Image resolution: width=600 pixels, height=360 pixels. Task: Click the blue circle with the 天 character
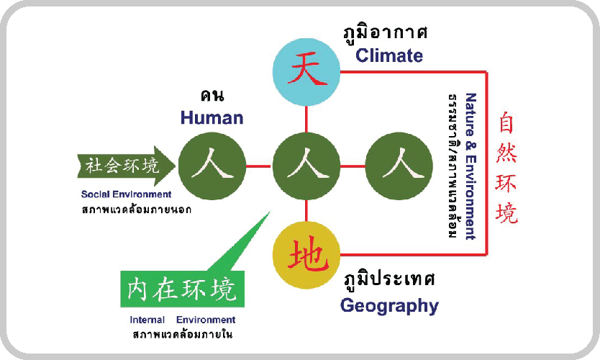306,72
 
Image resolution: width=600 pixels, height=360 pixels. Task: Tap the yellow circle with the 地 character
306,255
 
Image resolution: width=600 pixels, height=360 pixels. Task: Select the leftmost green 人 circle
212,166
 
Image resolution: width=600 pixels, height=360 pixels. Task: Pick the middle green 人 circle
306,166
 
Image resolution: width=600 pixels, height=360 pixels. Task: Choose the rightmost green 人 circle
399,166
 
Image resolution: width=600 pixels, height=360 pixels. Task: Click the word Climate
389,55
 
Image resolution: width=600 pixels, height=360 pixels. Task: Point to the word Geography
389,306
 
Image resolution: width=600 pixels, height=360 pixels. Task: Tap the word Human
212,117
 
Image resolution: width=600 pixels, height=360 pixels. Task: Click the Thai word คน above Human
212,95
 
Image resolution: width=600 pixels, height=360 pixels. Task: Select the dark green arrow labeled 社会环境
127,166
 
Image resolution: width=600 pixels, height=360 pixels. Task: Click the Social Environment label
127,194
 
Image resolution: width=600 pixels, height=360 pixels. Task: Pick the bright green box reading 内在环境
182,289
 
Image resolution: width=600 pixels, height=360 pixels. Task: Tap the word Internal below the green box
147,320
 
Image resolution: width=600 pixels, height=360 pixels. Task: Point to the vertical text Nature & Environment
471,166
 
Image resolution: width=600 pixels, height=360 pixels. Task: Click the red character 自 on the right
506,122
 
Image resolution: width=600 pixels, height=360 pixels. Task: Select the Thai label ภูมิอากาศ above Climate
386,33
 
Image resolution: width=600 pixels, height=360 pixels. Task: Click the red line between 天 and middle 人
306,119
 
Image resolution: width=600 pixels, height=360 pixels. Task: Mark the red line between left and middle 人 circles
259,166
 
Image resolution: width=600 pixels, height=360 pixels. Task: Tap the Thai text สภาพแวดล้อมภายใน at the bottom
182,334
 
